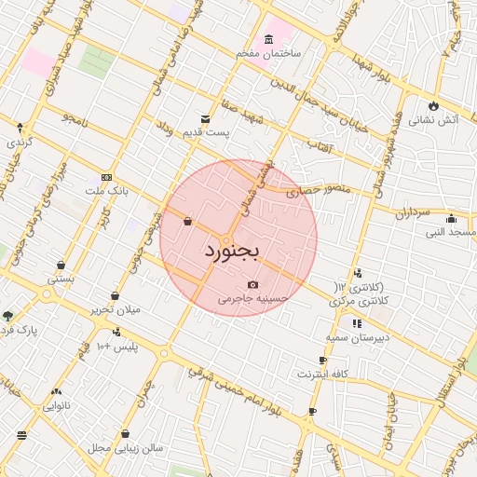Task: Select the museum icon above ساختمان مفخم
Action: click(x=269, y=39)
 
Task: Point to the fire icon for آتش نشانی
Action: click(x=434, y=104)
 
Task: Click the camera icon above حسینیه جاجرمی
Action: click(x=252, y=284)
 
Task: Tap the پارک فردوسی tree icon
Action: click(x=8, y=316)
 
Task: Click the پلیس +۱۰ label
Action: click(x=116, y=347)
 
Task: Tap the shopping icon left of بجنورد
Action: click(x=187, y=222)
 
